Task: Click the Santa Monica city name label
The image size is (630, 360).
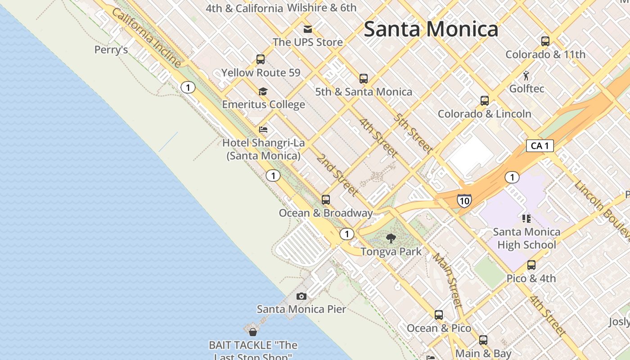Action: click(x=431, y=29)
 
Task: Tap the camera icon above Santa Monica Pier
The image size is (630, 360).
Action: click(x=301, y=296)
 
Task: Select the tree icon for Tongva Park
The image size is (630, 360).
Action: click(x=391, y=238)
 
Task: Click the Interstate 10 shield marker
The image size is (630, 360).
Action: click(x=464, y=200)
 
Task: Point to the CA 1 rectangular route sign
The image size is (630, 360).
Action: click(x=540, y=146)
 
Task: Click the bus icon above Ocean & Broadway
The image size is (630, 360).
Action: click(x=326, y=199)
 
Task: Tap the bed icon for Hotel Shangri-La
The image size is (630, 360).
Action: click(x=263, y=130)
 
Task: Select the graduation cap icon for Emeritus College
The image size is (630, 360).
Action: click(x=263, y=92)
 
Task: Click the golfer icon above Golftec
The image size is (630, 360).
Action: click(x=526, y=76)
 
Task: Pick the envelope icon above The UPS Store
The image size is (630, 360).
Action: click(x=308, y=29)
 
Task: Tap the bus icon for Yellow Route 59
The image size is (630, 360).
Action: click(x=261, y=59)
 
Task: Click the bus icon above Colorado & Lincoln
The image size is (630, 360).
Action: click(x=485, y=100)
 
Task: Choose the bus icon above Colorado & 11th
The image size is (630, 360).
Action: click(x=545, y=41)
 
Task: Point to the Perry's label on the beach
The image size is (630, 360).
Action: click(x=111, y=50)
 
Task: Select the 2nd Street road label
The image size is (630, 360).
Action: click(x=337, y=175)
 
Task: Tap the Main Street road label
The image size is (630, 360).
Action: click(x=448, y=280)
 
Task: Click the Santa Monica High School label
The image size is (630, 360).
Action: click(x=526, y=238)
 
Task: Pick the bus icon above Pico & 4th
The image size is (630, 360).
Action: click(x=531, y=265)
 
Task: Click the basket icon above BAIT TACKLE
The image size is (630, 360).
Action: click(x=253, y=332)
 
